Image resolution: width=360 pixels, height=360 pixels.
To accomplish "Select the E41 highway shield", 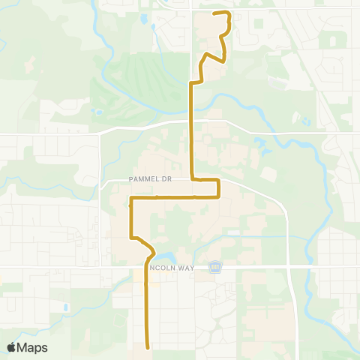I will pyautogui.click(x=215, y=266).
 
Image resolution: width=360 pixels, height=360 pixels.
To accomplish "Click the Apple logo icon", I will pyautogui.click(x=13, y=347).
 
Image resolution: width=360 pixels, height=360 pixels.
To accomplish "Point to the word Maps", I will pyautogui.click(x=33, y=347).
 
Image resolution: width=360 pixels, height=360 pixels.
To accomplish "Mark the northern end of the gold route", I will pyautogui.click(x=215, y=13).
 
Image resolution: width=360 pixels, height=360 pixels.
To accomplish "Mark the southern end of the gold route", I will pyautogui.click(x=146, y=347).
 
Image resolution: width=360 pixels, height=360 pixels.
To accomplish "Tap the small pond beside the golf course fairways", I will pyautogui.click(x=98, y=113).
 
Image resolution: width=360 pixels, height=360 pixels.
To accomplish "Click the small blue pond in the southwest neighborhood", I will pyautogui.click(x=66, y=307).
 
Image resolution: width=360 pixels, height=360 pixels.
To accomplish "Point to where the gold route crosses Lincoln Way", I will pyautogui.click(x=145, y=266).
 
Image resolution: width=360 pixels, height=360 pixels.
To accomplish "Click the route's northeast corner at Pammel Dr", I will pyautogui.click(x=218, y=180).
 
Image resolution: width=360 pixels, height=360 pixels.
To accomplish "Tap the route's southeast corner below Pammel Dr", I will pyautogui.click(x=218, y=197).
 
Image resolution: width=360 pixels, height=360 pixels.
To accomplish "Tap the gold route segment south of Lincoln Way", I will pyautogui.click(x=145, y=307).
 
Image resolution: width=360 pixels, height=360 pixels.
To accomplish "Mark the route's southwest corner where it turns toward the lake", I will pyautogui.click(x=133, y=238).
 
